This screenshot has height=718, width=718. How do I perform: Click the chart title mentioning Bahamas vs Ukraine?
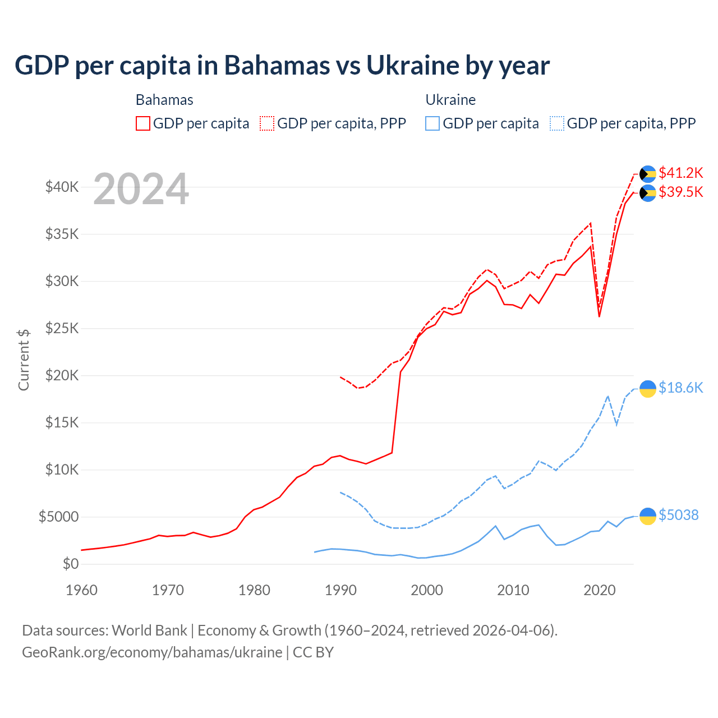point(282,66)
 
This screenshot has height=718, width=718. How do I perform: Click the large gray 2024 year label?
point(141,190)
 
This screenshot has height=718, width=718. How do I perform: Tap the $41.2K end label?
point(680,173)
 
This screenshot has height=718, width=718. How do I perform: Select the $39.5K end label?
point(680,192)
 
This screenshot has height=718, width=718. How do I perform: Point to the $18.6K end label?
point(680,388)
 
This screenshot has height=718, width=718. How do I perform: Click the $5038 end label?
point(678,516)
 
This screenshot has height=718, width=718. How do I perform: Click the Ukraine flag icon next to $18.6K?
point(648,389)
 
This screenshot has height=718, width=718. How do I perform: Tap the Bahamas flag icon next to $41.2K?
point(648,174)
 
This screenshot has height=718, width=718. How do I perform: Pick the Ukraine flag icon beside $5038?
point(648,516)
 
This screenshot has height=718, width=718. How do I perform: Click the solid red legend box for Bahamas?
point(143,123)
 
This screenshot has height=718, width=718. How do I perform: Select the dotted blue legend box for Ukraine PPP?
point(557,123)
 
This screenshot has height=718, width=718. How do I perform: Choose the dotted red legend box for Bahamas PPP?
point(267,123)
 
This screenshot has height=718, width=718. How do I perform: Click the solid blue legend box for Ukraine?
point(432,123)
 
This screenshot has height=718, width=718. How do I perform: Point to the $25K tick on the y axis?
point(62,328)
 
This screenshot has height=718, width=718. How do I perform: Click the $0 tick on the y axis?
point(70,564)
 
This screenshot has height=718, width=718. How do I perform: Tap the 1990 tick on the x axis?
point(340,590)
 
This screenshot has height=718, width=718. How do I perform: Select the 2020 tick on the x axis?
point(599,590)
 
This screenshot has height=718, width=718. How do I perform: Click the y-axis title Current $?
point(24,360)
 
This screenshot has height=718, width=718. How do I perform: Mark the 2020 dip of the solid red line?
point(599,316)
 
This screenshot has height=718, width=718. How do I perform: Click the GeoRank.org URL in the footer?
point(152,652)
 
